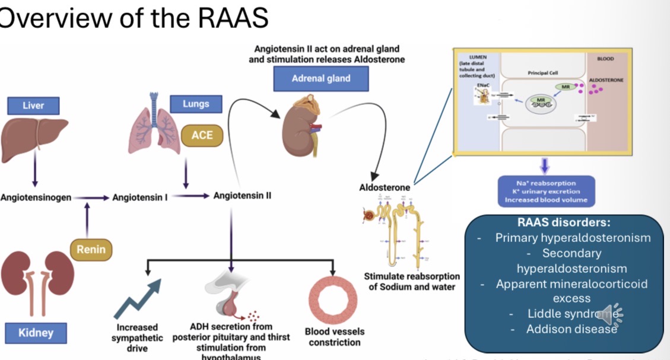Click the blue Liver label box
click(x=33, y=106)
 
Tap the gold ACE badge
click(x=202, y=135)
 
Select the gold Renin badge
click(x=90, y=250)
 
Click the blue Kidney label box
click(x=36, y=333)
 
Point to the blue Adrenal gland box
click(x=321, y=78)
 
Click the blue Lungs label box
click(x=196, y=104)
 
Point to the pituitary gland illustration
click(x=228, y=300)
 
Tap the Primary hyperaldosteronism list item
click(x=573, y=238)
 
